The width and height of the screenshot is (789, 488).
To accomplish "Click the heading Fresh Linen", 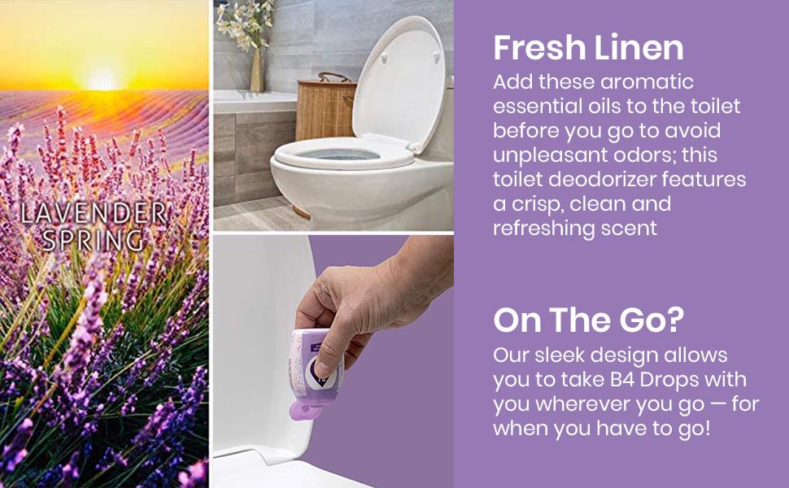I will (x=588, y=48).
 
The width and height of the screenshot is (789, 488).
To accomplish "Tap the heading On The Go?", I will (x=587, y=320).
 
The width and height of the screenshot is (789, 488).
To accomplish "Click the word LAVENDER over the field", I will (x=93, y=214).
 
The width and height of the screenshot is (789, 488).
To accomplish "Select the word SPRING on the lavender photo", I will (x=93, y=241).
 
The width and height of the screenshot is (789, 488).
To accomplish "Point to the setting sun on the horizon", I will (x=102, y=81).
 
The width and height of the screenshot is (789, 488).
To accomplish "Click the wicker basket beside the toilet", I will (x=325, y=105).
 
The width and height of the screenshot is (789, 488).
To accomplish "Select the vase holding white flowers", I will (x=256, y=70).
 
